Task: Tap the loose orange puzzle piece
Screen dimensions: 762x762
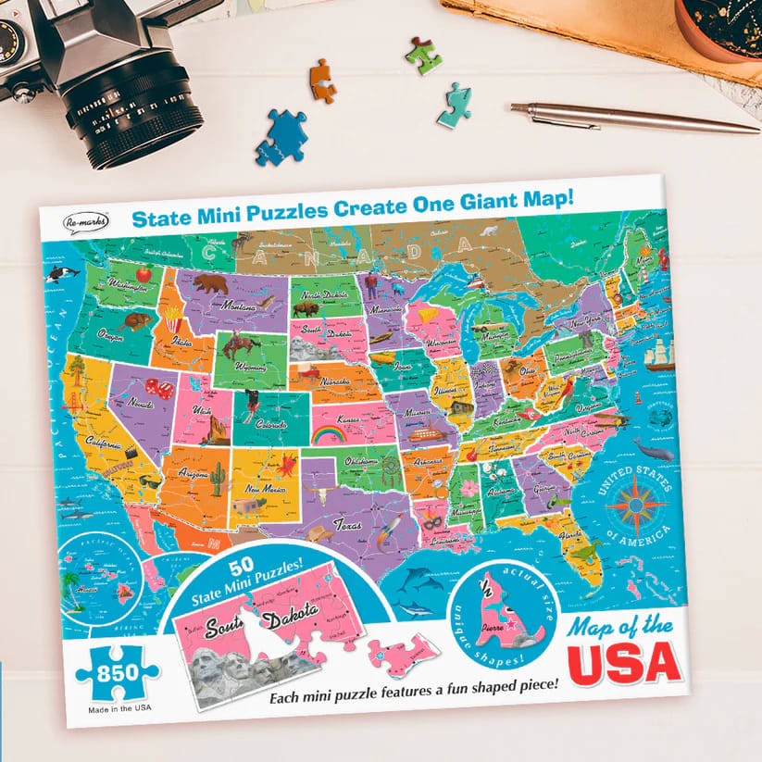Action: [x=322, y=81]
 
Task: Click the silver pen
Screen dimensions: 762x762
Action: [x=630, y=118]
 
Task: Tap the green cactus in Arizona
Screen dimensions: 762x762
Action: [x=217, y=478]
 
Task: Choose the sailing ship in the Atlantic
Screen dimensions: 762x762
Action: [x=658, y=356]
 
